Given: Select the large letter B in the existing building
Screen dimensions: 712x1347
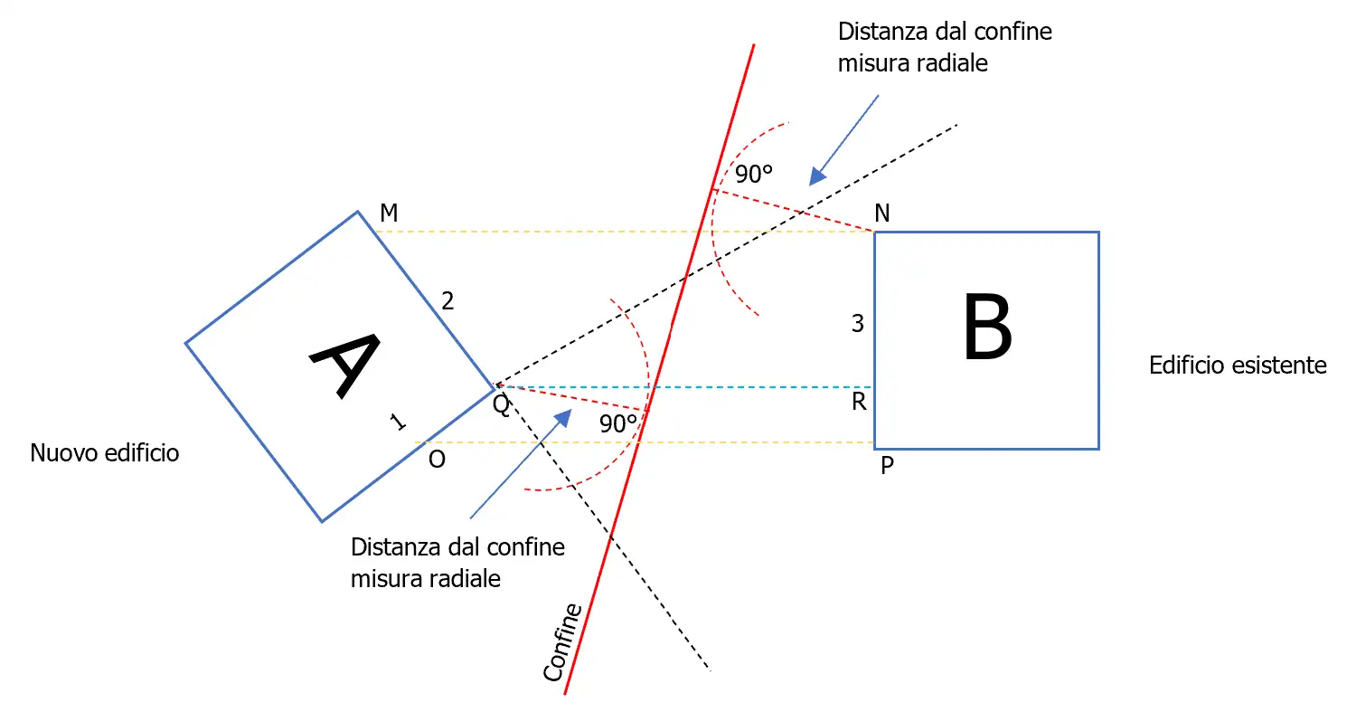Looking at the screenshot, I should [987, 328].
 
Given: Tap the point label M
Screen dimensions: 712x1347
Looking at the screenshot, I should [389, 213].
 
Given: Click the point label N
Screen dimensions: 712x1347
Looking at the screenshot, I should [882, 214].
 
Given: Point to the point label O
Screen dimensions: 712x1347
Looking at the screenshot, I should [437, 460].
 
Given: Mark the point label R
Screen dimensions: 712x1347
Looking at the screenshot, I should [859, 403].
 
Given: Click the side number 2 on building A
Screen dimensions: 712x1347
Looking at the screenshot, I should [447, 301].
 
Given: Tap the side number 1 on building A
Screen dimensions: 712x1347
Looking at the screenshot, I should [397, 421].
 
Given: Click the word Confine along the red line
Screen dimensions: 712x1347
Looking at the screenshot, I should [562, 643].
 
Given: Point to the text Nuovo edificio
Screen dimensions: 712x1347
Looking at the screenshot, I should [105, 452].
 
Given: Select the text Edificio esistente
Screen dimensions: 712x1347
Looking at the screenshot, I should [1238, 365].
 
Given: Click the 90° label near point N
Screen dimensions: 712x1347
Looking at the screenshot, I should [753, 175].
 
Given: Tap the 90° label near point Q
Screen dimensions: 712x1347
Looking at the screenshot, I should [618, 423].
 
